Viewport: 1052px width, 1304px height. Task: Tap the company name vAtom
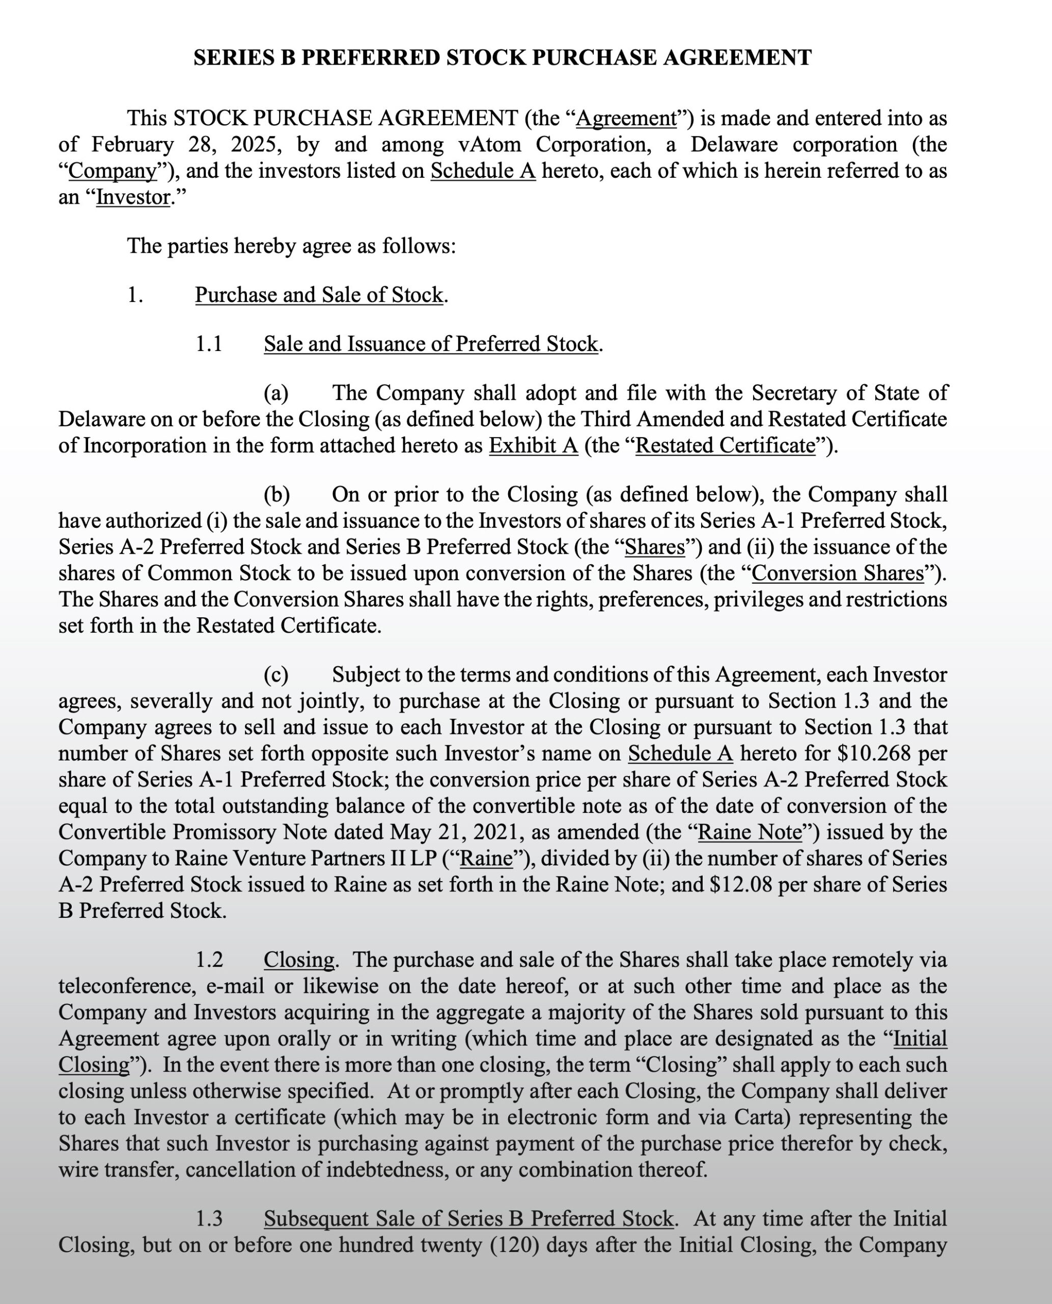click(x=490, y=145)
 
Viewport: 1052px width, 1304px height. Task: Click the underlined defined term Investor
click(x=133, y=198)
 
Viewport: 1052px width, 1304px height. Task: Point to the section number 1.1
click(x=209, y=344)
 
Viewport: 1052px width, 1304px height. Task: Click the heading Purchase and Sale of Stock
click(x=319, y=295)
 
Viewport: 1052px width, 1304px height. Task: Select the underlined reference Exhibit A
click(x=533, y=446)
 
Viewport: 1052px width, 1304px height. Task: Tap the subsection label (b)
click(x=276, y=495)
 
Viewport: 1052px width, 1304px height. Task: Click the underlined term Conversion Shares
click(x=838, y=574)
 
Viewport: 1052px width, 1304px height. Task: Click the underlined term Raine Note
click(x=750, y=832)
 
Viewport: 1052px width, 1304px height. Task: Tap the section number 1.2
click(x=209, y=960)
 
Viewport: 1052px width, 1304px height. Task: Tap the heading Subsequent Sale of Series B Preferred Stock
click(x=468, y=1219)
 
